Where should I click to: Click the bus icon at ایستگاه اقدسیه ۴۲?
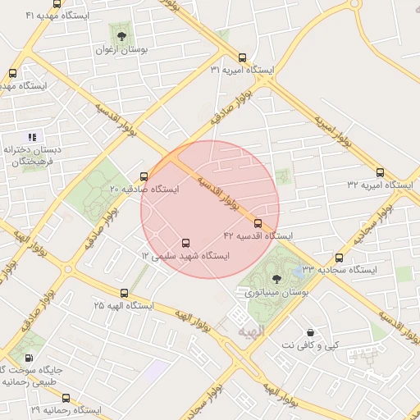[258, 223]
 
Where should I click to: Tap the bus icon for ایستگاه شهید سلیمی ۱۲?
[185, 244]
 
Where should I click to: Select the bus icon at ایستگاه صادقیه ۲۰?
[144, 176]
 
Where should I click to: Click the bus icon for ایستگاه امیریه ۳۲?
[380, 172]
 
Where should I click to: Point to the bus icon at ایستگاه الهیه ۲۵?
[125, 293]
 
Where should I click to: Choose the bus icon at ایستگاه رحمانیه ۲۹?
[66, 398]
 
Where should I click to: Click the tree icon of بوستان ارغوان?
[122, 35]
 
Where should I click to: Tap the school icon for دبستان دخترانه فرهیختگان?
[31, 137]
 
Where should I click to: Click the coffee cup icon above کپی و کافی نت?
[309, 332]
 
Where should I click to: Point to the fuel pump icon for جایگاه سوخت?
[30, 358]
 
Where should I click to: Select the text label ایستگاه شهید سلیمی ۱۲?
[185, 256]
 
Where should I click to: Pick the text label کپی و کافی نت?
[310, 345]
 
